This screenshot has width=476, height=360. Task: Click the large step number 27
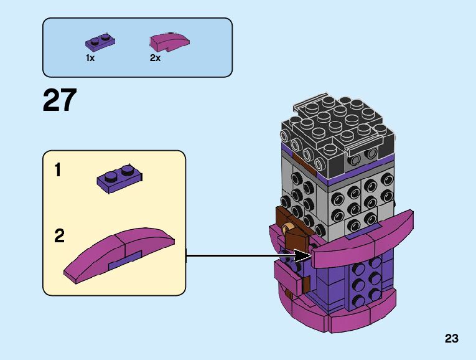click(x=60, y=101)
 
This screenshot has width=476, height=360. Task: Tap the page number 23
click(x=451, y=339)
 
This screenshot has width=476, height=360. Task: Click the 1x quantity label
click(x=90, y=58)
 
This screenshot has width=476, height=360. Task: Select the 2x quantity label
click(x=155, y=58)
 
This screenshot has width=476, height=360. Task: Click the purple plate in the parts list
click(x=100, y=42)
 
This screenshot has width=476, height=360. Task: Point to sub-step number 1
click(x=58, y=170)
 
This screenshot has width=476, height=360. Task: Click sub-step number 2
click(x=59, y=236)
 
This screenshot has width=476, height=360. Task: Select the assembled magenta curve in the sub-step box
click(x=118, y=253)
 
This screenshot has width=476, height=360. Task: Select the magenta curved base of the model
click(x=348, y=315)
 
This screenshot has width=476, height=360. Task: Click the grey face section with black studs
click(x=355, y=199)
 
